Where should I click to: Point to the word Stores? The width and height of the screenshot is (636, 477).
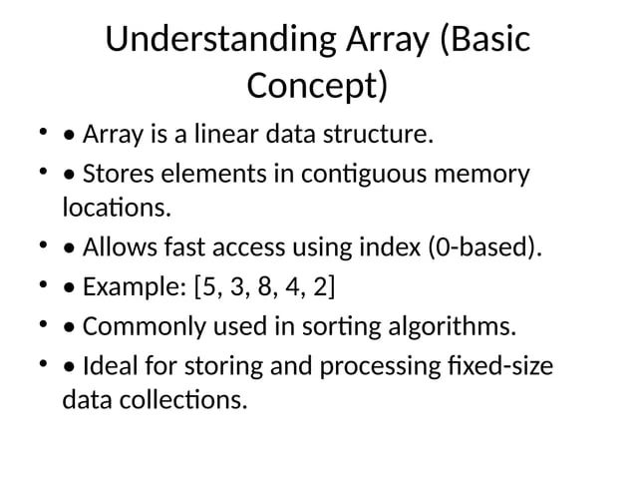pos(119,175)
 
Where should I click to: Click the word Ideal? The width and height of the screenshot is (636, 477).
pos(109,366)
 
